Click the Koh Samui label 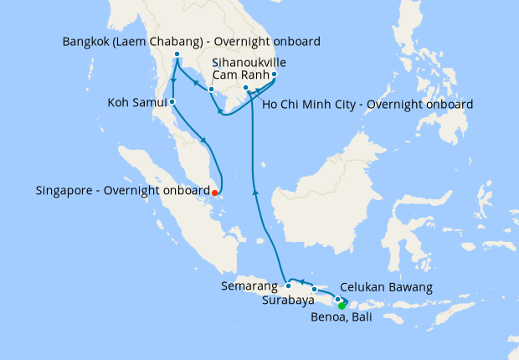click(136, 103)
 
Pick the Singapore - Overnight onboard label click(122, 191)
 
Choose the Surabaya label click(288, 300)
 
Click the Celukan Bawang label click(388, 287)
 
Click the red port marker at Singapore click(216, 192)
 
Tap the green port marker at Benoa click(342, 305)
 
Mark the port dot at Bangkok click(177, 55)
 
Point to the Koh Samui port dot click(172, 102)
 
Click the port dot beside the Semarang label click(289, 285)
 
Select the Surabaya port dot click(315, 290)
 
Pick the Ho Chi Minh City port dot click(244, 87)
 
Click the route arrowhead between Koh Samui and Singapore click(203, 139)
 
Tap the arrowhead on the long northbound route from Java click(255, 193)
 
